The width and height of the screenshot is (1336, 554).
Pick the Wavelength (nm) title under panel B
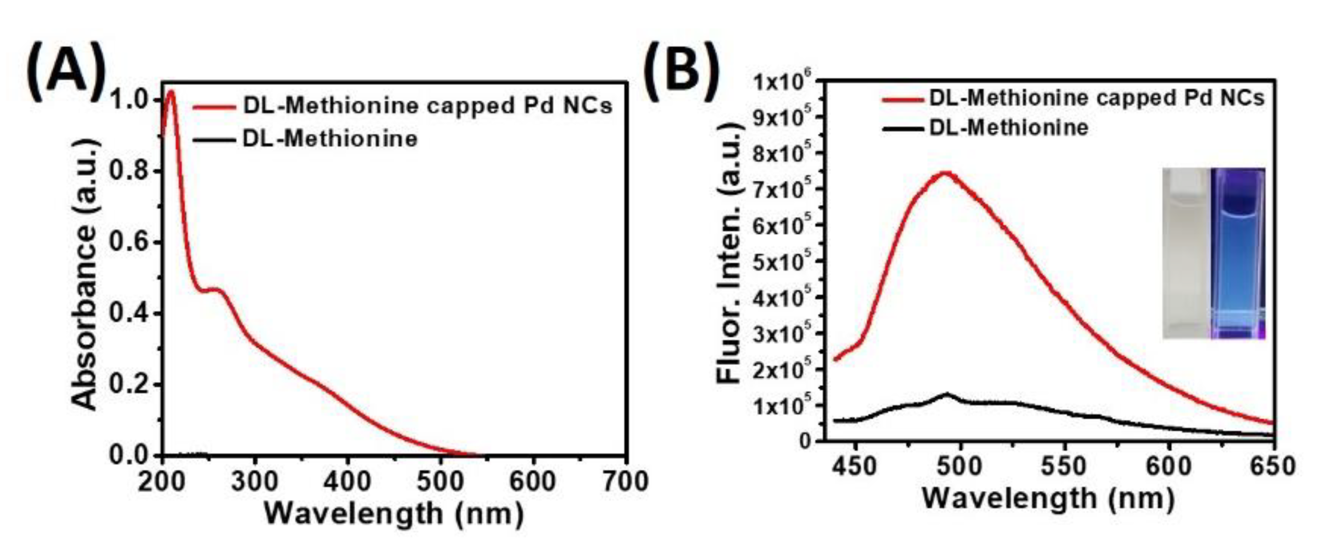click(x=1048, y=498)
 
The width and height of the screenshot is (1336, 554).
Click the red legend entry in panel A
click(x=402, y=106)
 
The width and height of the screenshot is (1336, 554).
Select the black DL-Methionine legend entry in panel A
click(x=306, y=139)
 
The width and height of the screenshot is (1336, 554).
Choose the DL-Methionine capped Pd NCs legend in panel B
click(x=1074, y=98)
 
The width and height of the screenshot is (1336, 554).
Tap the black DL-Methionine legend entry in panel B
click(x=986, y=127)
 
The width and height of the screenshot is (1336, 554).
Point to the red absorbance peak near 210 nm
click(x=171, y=92)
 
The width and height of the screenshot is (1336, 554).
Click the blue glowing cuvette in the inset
click(x=1237, y=254)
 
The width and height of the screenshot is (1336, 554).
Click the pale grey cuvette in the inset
click(x=1186, y=254)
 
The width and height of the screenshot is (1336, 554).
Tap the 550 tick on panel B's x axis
click(x=1065, y=466)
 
